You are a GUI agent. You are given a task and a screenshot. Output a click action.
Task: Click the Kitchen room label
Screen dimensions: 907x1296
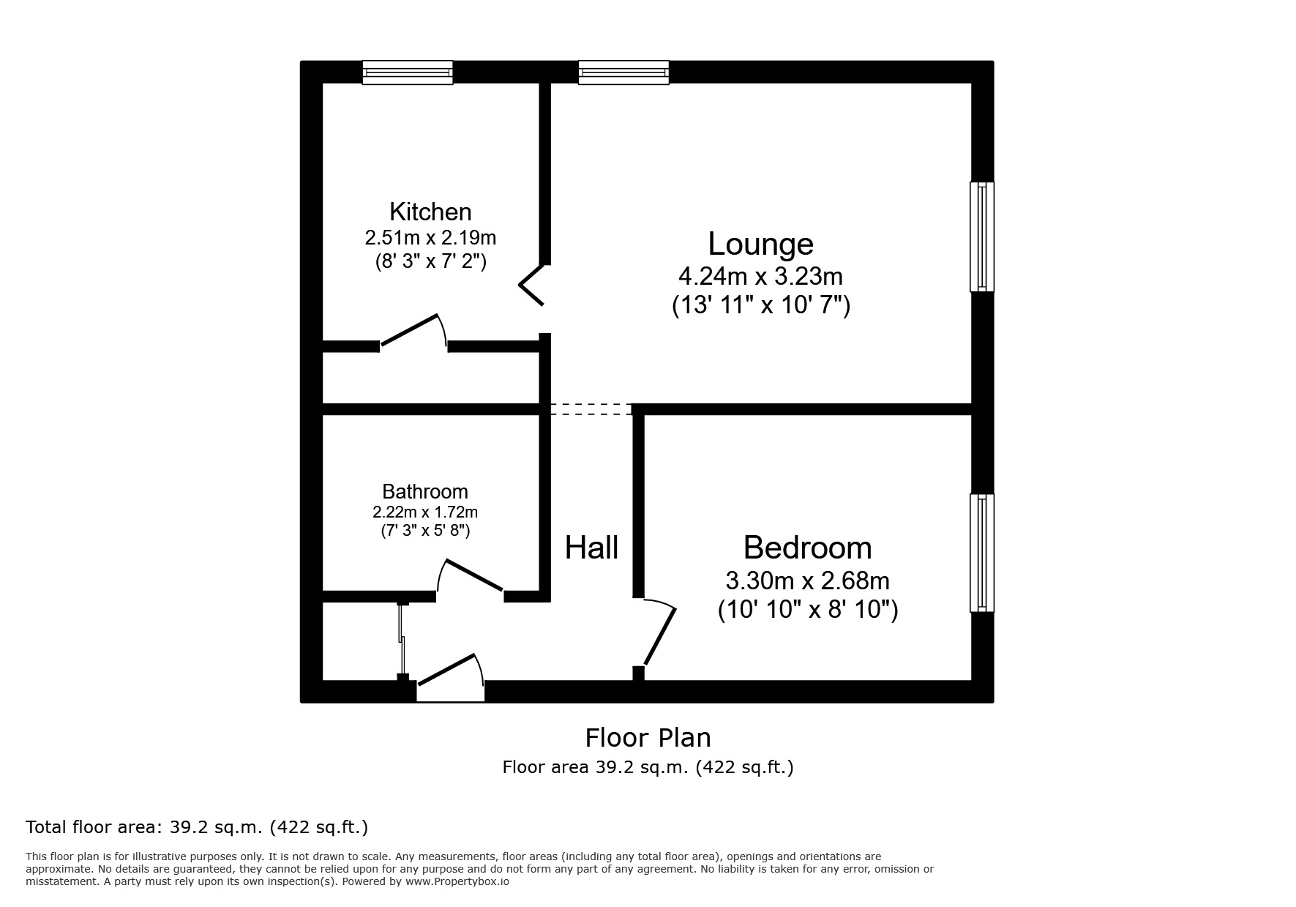coord(430,212)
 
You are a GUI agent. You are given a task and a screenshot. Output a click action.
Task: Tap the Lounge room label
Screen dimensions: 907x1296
coord(760,244)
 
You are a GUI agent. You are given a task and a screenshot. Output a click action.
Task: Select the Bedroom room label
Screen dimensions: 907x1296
coord(807,548)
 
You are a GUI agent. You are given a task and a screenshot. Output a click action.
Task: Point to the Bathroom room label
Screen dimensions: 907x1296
coord(424,491)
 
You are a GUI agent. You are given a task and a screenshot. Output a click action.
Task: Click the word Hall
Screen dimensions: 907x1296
coord(591,548)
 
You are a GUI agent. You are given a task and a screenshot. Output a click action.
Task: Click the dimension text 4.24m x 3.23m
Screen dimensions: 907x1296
coord(760,277)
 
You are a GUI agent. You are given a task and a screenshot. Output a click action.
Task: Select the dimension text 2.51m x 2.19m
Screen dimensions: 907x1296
coord(430,238)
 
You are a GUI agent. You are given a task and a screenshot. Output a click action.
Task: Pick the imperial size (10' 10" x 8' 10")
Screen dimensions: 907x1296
coord(807,609)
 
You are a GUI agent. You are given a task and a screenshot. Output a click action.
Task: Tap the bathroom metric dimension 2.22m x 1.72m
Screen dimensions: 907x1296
coord(424,512)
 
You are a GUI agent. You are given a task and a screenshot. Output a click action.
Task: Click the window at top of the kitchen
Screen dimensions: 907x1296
coord(408,72)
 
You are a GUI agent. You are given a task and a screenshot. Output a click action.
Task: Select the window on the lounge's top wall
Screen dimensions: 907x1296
coord(623,72)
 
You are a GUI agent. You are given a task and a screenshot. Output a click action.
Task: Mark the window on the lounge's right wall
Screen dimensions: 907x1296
coord(982,236)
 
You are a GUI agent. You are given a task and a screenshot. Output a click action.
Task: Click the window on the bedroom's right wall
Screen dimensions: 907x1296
coord(982,553)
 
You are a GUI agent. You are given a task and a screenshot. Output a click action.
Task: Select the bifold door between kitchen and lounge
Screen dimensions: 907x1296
coord(533,284)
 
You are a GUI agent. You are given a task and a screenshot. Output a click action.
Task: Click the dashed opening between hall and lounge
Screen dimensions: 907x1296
coord(591,409)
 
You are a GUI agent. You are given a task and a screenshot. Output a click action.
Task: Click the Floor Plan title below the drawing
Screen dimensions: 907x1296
coord(648,737)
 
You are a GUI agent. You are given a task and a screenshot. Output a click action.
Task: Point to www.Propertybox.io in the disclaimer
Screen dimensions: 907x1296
coord(457,881)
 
